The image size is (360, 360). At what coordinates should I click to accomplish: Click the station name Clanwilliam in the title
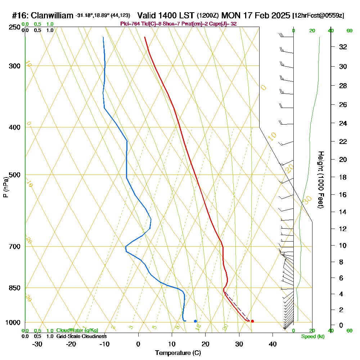52,15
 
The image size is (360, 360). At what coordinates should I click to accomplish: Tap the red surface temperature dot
252,321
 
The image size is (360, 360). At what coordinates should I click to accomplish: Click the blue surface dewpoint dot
195,321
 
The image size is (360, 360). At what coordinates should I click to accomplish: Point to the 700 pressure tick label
14,247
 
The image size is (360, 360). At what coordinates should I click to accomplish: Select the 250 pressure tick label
14,27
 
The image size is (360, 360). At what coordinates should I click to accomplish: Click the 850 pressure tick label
14,288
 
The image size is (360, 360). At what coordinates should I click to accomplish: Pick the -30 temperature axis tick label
37,344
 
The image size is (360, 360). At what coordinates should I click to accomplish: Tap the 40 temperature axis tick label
273,344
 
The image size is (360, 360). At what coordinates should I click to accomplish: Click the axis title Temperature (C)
178,353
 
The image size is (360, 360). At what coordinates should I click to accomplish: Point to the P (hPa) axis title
6,187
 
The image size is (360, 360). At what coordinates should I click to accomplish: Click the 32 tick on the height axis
343,47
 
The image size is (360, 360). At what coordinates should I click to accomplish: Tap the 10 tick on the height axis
343,246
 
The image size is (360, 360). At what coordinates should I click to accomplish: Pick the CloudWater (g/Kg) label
77,330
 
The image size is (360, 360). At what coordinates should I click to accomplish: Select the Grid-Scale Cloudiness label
81,336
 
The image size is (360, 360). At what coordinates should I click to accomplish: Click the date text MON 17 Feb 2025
256,15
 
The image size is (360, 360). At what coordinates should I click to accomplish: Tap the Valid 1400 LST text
166,15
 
